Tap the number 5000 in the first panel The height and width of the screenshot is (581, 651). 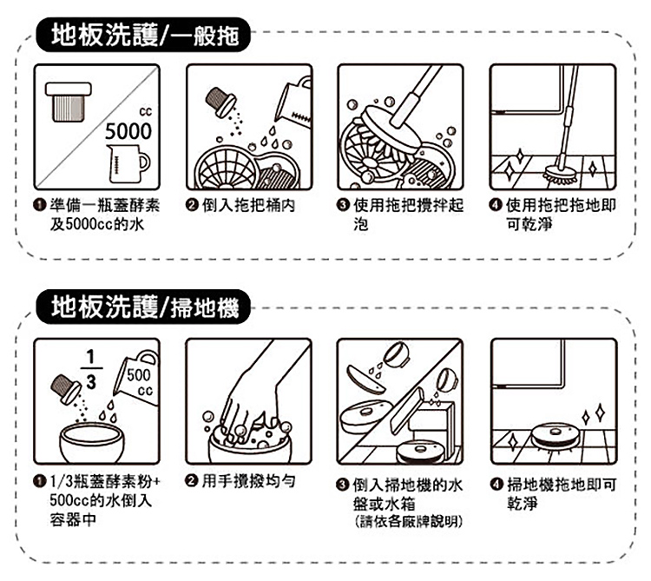click(128, 132)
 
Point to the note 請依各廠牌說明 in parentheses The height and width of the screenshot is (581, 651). click(400, 522)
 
